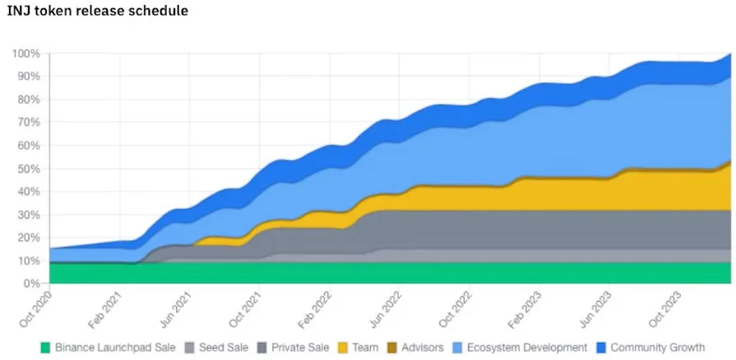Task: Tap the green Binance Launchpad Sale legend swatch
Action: pos(46,348)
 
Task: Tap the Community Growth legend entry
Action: pos(657,348)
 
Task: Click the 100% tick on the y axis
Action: pos(26,53)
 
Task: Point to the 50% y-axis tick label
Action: pos(29,168)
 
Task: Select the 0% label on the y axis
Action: pos(32,284)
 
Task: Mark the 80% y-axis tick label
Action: pos(29,99)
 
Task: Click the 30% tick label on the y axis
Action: pos(29,215)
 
